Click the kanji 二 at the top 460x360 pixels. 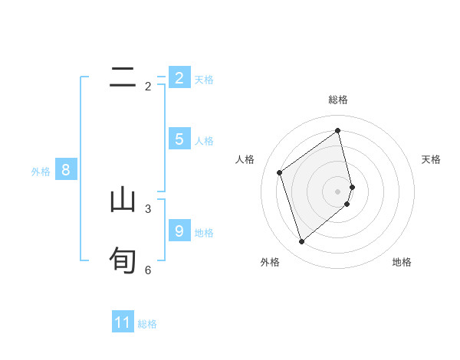point(123,77)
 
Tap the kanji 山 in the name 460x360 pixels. point(123,200)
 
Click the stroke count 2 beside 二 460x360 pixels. point(148,87)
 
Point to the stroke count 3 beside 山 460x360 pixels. point(148,208)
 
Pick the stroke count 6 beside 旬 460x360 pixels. point(148,270)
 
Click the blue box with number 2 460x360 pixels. point(179,78)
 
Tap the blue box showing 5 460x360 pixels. point(179,139)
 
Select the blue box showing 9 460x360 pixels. point(179,231)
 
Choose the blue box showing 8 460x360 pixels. point(66,170)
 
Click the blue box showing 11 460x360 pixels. point(123,322)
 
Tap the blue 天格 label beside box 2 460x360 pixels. point(204,79)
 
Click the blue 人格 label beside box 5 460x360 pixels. point(204,141)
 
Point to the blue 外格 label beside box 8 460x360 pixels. point(41,172)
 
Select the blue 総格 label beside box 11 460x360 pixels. point(147,324)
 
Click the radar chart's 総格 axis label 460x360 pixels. point(338,100)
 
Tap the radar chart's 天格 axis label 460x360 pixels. point(432,159)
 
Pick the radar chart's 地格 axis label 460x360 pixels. point(402,262)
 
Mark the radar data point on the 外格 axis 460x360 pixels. point(301,242)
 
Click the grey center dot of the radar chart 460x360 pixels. point(338,191)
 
